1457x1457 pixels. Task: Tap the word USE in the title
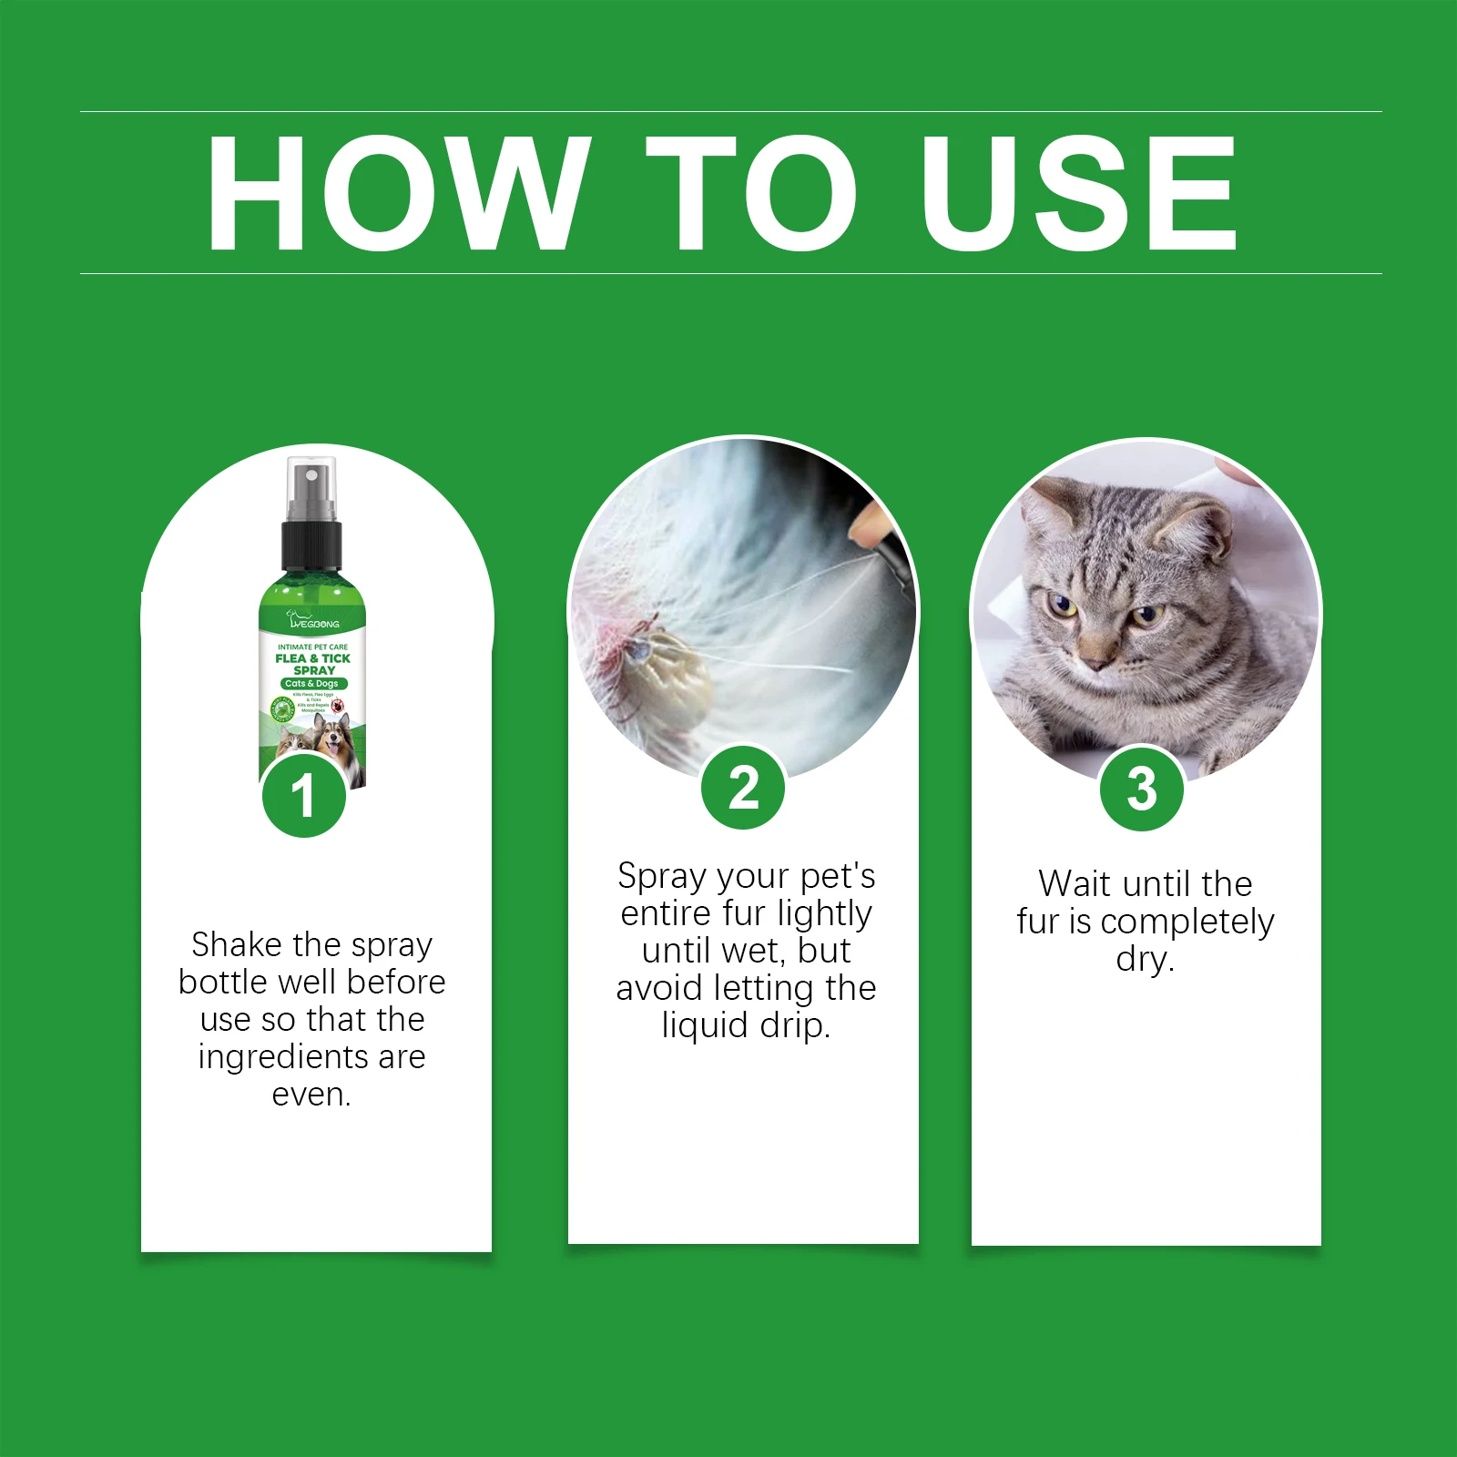pyautogui.click(x=1078, y=193)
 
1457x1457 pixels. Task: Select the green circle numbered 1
pyautogui.click(x=304, y=796)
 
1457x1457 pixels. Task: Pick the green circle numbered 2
pyautogui.click(x=743, y=789)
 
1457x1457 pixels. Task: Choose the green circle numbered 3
pyautogui.click(x=1142, y=789)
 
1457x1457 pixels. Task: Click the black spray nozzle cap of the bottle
pyautogui.click(x=311, y=545)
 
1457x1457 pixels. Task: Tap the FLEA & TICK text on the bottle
pyautogui.click(x=312, y=658)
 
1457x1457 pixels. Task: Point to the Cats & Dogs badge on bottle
pyautogui.click(x=312, y=683)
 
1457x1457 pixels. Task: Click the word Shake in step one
pyautogui.click(x=236, y=945)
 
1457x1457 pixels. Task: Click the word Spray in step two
pyautogui.click(x=661, y=877)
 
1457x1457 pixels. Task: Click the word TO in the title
pyautogui.click(x=751, y=193)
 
